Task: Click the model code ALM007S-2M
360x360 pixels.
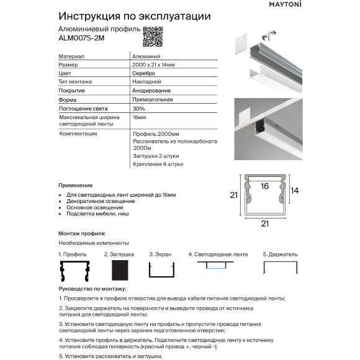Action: [81, 38]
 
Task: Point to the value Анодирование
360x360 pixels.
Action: [150, 90]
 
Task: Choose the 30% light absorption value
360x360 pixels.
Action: [138, 108]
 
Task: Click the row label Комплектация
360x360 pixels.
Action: [78, 133]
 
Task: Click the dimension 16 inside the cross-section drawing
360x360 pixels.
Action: [264, 186]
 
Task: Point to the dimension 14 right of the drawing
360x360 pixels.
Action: [295, 191]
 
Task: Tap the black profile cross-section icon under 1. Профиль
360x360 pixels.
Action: [74, 271]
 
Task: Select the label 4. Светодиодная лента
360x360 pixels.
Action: [217, 254]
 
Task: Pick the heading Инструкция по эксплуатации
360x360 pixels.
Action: [134, 16]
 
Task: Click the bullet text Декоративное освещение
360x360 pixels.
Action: [100, 201]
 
